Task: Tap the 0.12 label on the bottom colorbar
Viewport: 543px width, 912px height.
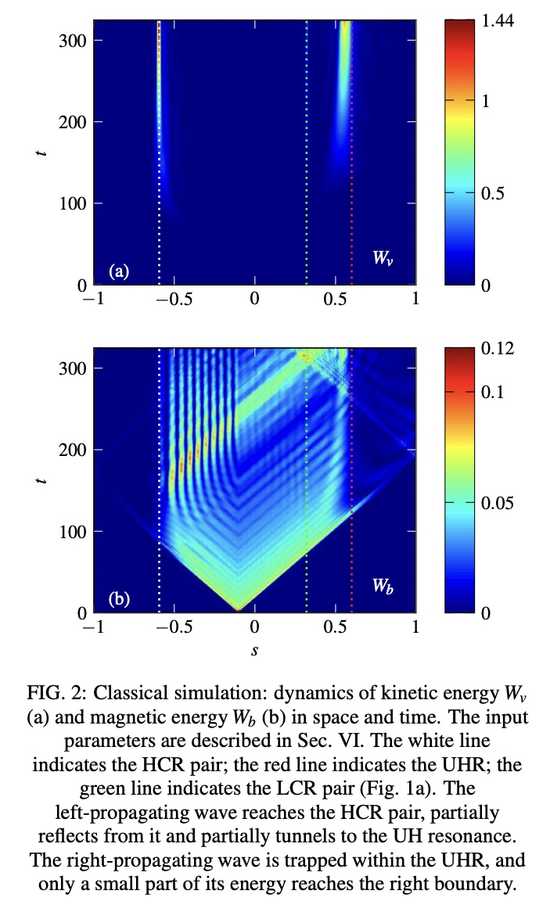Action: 499,349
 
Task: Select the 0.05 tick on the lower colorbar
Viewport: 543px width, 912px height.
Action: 499,502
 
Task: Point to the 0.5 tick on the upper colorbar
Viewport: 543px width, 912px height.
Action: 494,193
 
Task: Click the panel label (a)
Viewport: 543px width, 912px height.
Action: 119,271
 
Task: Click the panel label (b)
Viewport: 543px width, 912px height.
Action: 119,599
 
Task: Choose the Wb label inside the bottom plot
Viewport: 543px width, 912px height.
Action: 383,587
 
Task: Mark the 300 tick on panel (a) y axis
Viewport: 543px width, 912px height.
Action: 72,41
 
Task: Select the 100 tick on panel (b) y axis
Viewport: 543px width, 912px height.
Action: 72,532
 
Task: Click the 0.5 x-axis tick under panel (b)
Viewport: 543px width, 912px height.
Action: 335,627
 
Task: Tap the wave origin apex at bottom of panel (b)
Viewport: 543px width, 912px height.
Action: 239,609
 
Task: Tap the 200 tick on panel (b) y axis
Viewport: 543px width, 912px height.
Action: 72,450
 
